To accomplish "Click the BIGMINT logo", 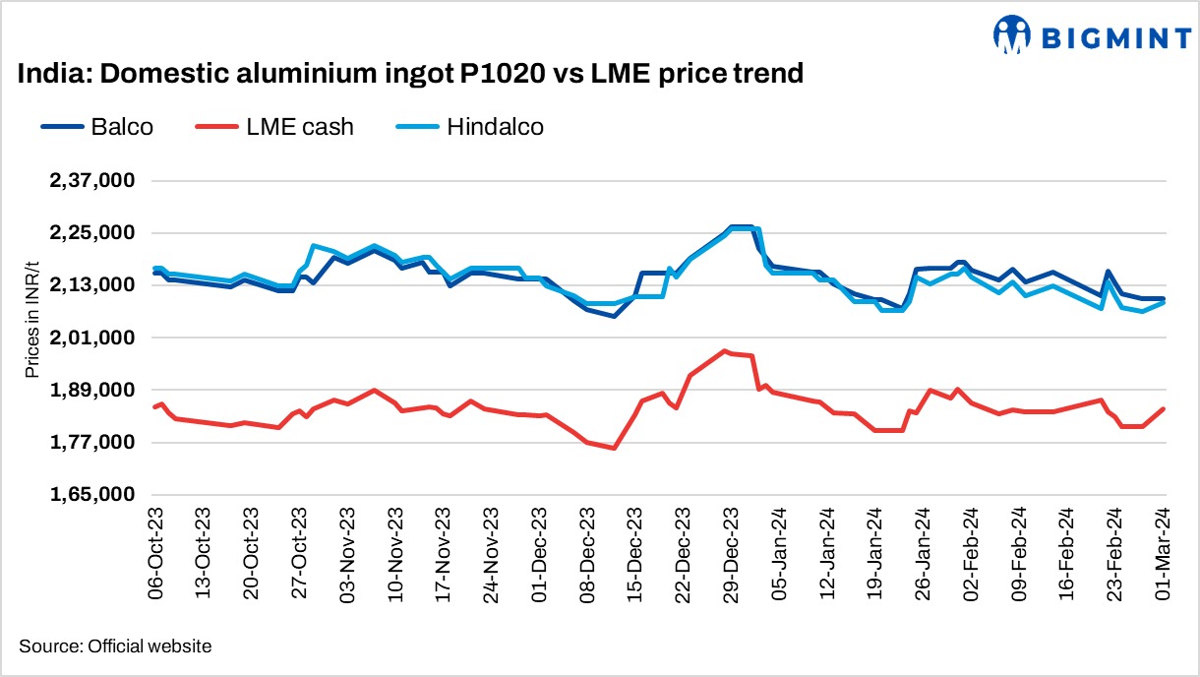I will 1092,36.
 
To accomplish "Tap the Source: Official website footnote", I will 114,646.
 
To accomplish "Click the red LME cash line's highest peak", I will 725,351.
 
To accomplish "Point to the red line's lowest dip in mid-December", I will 614,448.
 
